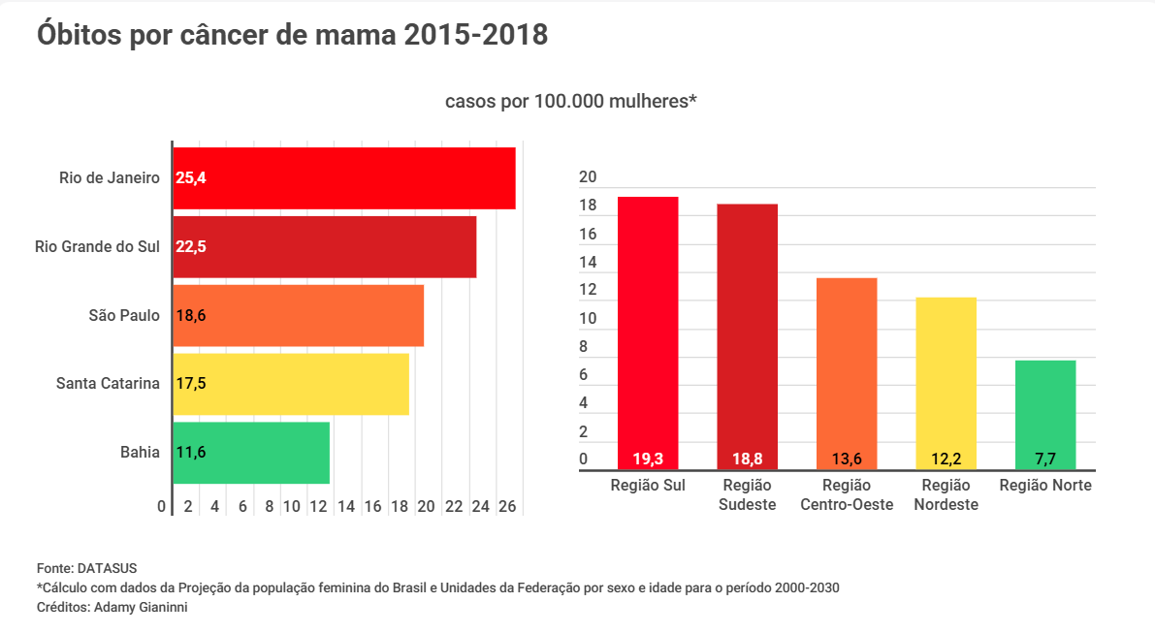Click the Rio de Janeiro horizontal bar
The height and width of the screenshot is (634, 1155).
tap(344, 178)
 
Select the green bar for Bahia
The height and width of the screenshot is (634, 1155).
tap(251, 453)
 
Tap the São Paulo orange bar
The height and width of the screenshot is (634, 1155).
tap(299, 315)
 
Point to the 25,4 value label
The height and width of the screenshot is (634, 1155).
tap(191, 178)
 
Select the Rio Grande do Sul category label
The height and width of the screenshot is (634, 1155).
tap(97, 246)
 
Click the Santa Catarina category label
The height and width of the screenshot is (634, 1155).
tap(108, 383)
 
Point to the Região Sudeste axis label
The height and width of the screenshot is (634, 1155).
tap(748, 494)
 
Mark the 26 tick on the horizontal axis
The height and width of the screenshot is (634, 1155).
tap(506, 506)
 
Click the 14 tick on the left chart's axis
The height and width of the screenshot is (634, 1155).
tap(346, 506)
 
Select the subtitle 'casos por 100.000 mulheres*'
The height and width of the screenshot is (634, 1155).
tap(571, 101)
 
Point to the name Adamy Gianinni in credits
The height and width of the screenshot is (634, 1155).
tap(145, 607)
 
